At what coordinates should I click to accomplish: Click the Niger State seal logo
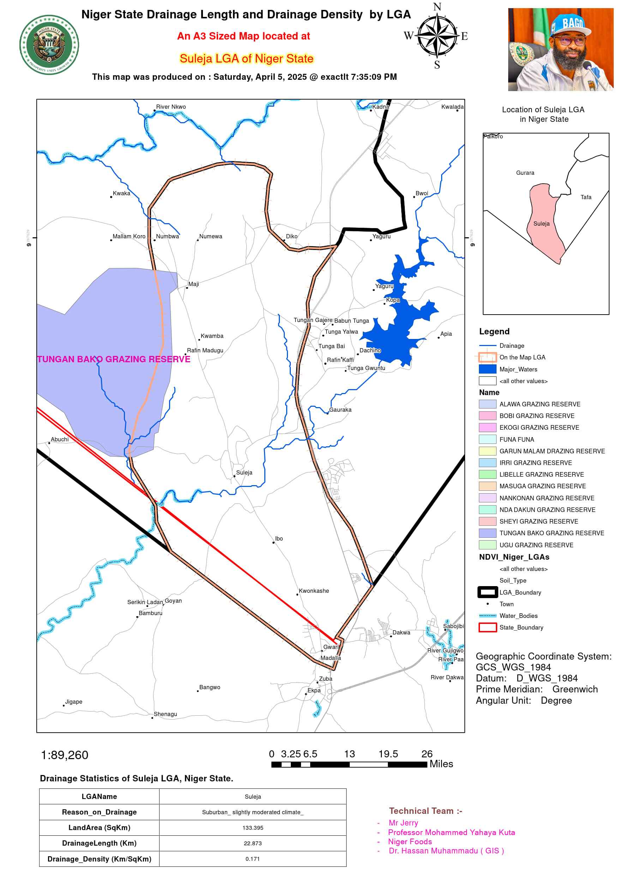(49, 44)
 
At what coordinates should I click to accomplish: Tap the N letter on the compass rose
(437, 7)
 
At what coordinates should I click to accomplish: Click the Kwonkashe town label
(313, 591)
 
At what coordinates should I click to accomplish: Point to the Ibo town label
(279, 538)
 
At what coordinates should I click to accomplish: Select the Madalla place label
(330, 658)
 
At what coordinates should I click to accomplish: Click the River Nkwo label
(170, 107)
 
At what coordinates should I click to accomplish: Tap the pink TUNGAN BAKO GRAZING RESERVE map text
(114, 359)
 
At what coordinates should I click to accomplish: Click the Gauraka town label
(340, 410)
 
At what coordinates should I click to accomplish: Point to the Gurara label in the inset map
(525, 173)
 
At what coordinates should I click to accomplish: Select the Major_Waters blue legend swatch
(487, 369)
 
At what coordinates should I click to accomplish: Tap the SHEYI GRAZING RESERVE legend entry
(539, 521)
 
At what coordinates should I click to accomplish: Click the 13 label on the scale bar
(349, 754)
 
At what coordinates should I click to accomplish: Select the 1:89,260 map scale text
(65, 755)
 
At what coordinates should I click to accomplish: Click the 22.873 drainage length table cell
(252, 843)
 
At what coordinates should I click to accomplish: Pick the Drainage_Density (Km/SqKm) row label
(99, 859)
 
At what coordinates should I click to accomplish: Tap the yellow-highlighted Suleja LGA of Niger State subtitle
(246, 58)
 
